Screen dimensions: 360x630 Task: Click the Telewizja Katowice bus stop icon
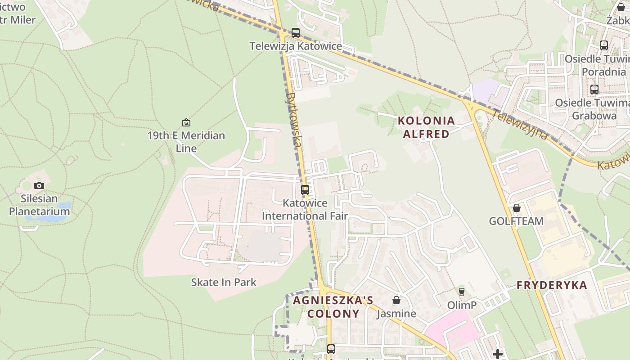296,33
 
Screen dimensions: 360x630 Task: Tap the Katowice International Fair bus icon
305,190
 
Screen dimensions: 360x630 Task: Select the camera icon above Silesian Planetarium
39,185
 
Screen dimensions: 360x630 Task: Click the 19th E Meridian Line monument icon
186,122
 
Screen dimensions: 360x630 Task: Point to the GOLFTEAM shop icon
517,208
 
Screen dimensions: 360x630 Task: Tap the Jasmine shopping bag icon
396,300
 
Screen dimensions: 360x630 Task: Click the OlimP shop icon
461,292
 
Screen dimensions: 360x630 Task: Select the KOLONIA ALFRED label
426,127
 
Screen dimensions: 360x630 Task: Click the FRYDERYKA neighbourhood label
552,285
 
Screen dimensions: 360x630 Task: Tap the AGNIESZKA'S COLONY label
333,307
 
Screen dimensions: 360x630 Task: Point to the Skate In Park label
224,283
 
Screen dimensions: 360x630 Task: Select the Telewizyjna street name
520,125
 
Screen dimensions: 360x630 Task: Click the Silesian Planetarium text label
40,205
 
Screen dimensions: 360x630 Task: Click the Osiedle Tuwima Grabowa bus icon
594,90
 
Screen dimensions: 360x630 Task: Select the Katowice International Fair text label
305,210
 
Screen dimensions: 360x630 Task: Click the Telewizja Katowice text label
296,46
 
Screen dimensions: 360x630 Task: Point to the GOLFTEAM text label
516,221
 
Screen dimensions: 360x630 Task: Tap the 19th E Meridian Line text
186,142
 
